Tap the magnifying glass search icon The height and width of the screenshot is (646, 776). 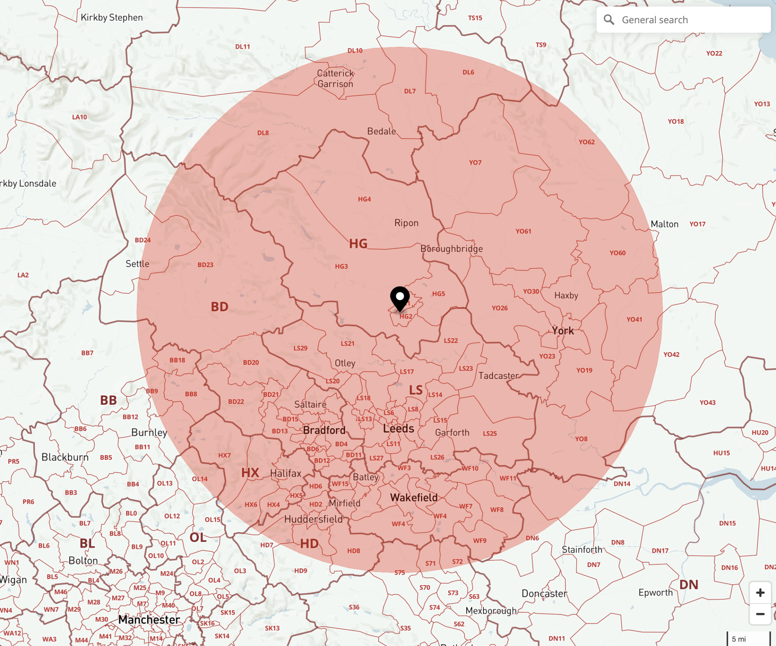pos(609,20)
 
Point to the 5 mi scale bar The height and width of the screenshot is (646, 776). pos(748,639)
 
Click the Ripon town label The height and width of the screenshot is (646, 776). pos(406,223)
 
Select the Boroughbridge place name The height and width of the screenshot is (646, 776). pos(451,249)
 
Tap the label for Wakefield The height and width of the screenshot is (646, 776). pos(414,497)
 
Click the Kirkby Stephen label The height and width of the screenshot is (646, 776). pos(112,17)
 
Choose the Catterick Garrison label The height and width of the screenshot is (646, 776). pos(335,78)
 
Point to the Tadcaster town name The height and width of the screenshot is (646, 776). pos(498,375)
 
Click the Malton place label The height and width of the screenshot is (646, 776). pos(664,224)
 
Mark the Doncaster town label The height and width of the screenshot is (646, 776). pos(544,593)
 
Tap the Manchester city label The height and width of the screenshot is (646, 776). pos(149,619)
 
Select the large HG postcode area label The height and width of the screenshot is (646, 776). pos(358,244)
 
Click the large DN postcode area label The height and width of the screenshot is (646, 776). pos(688,585)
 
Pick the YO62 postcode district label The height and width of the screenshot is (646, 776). pos(587,142)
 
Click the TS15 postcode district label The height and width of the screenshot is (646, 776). pos(475,18)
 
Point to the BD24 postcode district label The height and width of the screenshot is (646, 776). pos(143,240)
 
